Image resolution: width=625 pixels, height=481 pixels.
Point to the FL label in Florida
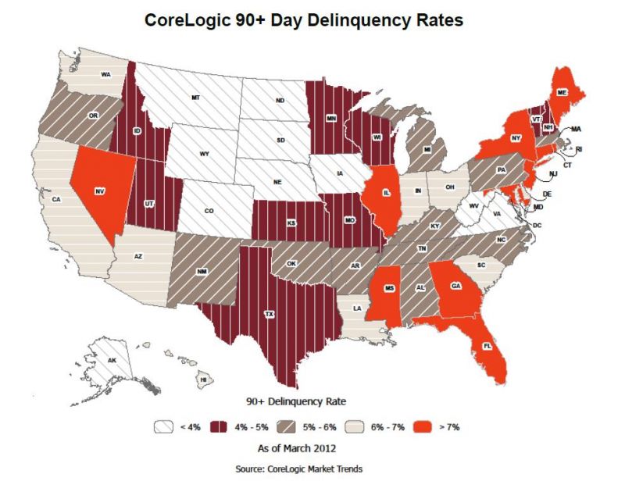point(487,345)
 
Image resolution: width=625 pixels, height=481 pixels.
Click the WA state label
point(105,75)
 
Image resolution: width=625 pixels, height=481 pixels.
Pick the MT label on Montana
point(195,98)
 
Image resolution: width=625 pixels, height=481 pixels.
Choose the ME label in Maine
point(562,92)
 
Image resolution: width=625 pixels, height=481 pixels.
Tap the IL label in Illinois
point(385,191)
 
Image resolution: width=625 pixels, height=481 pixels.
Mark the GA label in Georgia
point(455,286)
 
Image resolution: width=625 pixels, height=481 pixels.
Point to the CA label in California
point(56,200)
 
